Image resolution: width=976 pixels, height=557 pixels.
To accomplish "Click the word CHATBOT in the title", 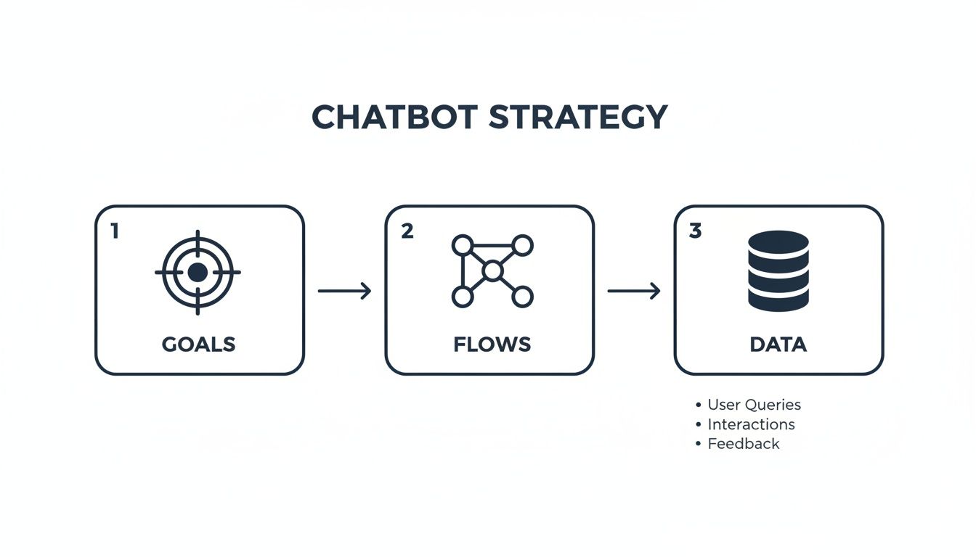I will point(396,117).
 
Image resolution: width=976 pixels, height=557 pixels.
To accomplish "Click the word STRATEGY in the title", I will point(578,117).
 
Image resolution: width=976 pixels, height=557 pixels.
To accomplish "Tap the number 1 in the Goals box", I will point(114,231).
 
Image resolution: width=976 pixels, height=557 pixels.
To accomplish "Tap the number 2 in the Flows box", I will point(407,231).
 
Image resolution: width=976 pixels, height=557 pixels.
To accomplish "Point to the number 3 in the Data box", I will point(695,231).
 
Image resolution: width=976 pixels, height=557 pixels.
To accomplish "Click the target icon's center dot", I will point(198,272).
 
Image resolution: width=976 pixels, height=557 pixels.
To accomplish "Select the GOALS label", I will point(198,344).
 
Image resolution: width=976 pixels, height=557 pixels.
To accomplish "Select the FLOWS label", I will point(492,344).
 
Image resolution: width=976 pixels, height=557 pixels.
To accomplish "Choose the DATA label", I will point(778,344).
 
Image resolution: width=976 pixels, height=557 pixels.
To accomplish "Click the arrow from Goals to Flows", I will point(344,291).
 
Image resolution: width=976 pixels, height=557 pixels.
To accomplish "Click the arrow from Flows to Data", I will point(633,291).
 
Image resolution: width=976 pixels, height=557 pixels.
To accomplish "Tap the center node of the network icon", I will point(492,271).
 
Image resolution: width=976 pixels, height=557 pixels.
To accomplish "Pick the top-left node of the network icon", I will point(462,245).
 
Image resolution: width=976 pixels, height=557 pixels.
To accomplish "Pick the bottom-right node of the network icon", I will point(523,296).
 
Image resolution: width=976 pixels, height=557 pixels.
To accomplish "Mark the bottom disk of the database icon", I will point(778,298).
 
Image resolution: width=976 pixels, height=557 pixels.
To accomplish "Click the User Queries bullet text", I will point(754,405).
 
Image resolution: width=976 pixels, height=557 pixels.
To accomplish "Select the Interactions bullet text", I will point(751,424).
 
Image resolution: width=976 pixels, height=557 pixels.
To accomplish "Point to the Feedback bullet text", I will point(743,444).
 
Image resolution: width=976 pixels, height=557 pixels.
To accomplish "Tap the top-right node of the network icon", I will point(523,245).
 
